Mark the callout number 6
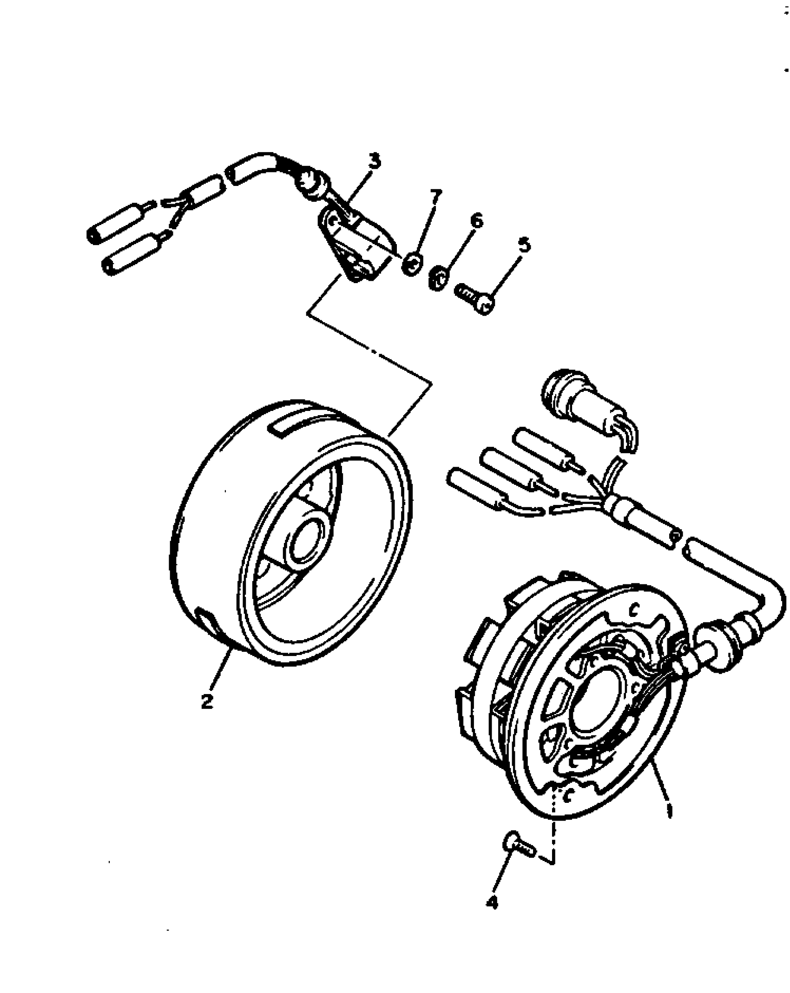[x=476, y=221]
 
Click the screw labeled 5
[x=474, y=299]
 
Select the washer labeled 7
[x=412, y=265]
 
